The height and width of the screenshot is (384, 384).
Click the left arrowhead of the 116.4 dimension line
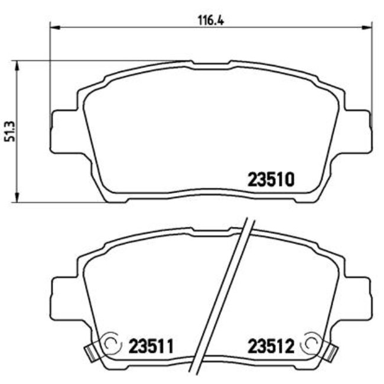pos(55,26)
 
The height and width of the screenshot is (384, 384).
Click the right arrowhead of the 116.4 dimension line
pos(369,26)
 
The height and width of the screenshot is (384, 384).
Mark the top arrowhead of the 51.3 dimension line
pos(18,64)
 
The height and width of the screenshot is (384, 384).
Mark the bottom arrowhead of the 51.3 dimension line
pos(18,198)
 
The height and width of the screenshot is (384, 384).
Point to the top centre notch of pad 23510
pos(211,63)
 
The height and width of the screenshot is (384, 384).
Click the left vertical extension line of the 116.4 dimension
pos(51,71)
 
